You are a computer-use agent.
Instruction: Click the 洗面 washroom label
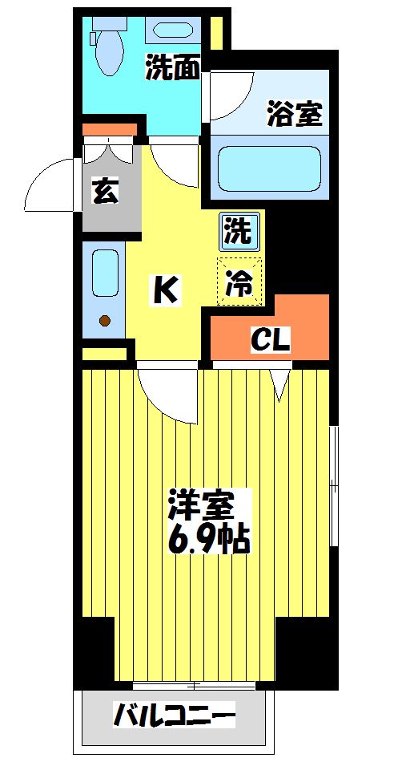pos(172,70)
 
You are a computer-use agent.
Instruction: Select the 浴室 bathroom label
pos(294,115)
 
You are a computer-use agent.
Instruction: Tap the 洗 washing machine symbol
pos(239,232)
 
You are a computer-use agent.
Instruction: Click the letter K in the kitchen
pos(166,291)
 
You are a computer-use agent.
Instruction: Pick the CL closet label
pos(270,340)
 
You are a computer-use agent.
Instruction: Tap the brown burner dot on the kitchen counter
pos(104,322)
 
